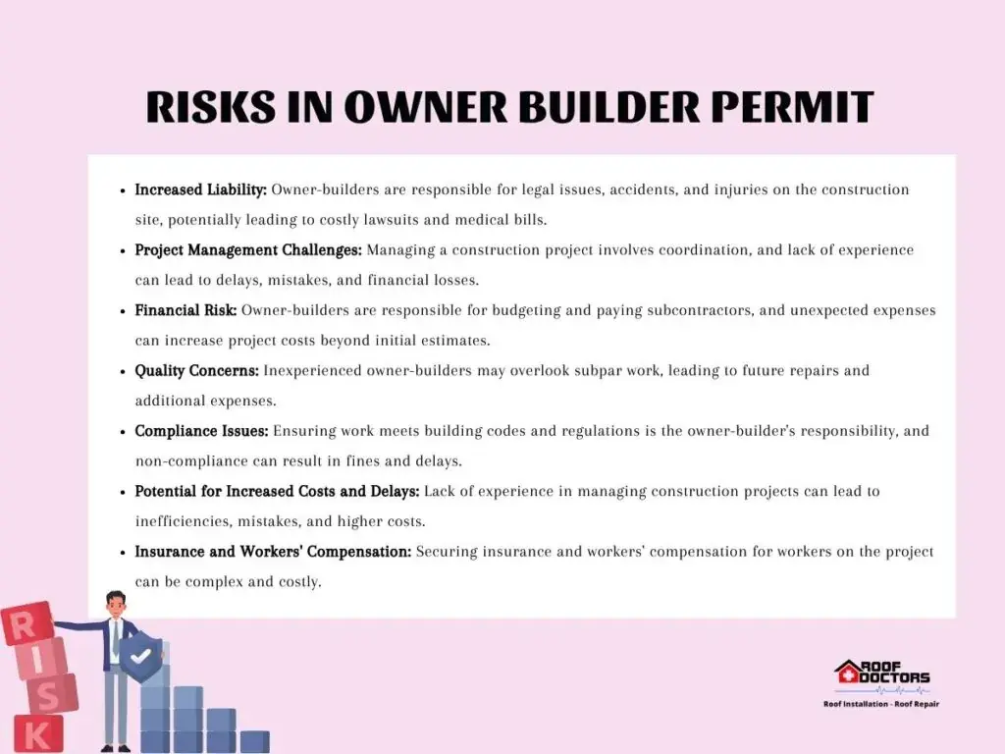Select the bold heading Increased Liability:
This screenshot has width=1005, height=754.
tap(200, 189)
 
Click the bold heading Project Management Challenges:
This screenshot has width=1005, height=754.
tap(248, 250)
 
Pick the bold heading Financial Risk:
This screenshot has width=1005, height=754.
tap(185, 310)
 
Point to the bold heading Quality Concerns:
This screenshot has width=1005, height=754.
tap(196, 370)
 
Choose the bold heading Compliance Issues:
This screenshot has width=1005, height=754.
tap(201, 431)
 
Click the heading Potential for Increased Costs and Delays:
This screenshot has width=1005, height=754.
tap(277, 491)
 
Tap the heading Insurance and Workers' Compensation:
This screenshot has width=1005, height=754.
tap(273, 552)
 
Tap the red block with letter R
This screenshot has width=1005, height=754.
tap(26, 622)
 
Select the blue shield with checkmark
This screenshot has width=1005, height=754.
tap(141, 657)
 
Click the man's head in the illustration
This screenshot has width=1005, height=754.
tap(116, 604)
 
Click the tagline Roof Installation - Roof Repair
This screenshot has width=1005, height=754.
tap(881, 704)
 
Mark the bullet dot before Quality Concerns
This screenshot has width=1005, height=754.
tap(123, 371)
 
